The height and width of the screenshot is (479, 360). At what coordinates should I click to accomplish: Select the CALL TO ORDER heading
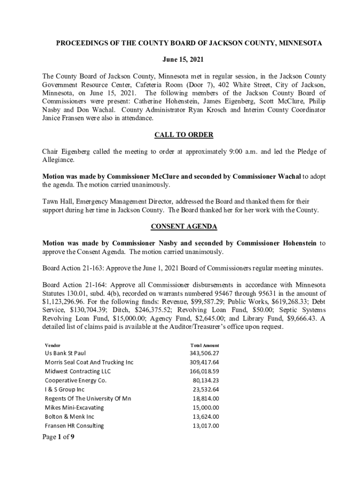pos(184,135)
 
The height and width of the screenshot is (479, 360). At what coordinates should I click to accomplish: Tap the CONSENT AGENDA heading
pos(184,227)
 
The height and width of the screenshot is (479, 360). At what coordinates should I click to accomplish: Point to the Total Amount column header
pos(205,345)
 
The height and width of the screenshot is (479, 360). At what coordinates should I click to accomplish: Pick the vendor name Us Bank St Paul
pos(65,353)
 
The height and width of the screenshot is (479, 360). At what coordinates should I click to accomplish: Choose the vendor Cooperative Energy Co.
pos(76,380)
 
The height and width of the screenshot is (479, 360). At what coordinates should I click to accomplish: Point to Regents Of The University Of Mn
pos(88,399)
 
